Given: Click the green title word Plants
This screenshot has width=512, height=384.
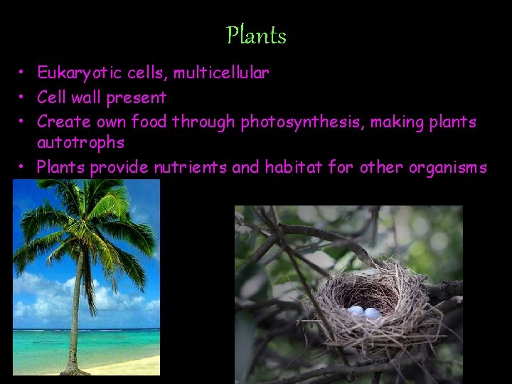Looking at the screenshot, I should [256, 35].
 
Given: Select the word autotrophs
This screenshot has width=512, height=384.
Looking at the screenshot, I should [80, 143].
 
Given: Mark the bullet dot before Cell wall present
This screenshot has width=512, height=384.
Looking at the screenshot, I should [23, 97].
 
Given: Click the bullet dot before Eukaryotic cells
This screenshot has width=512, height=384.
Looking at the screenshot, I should [23, 73].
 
